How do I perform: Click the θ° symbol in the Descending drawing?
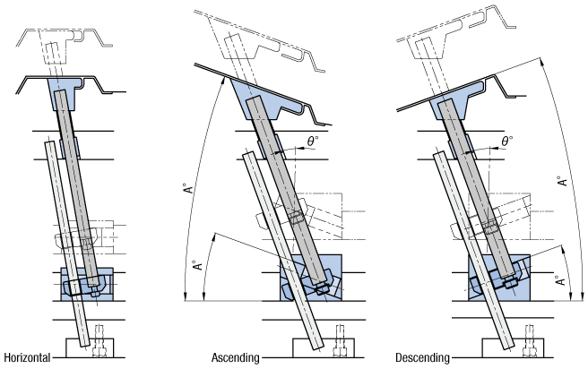[x=507, y=141]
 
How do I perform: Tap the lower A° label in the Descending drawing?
[x=560, y=279]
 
